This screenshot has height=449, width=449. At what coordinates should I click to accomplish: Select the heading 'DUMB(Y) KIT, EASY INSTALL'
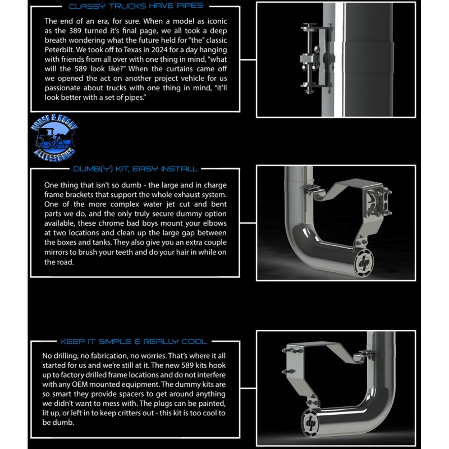(x=135, y=168)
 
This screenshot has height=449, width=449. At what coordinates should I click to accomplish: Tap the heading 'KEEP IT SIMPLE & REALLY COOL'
(x=133, y=341)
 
